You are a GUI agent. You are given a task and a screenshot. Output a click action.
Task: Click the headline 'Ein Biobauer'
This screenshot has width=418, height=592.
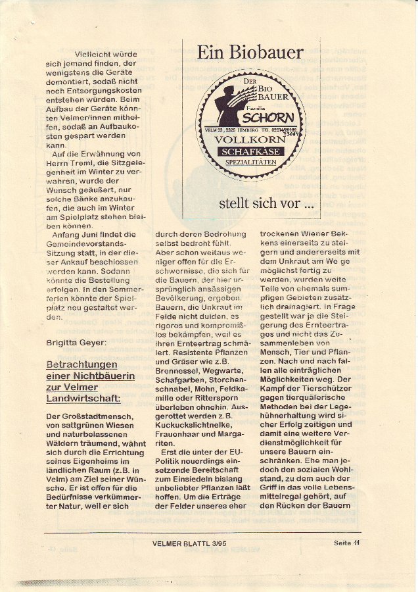(x=250, y=53)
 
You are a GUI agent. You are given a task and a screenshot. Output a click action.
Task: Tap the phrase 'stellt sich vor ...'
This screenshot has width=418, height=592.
(x=266, y=203)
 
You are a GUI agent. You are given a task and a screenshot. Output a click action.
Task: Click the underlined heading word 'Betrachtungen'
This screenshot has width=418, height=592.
(x=81, y=364)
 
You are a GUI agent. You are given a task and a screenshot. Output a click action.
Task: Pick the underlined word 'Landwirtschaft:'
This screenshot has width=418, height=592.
(x=83, y=399)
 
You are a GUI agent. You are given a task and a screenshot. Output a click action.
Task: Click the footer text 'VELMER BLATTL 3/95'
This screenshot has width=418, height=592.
(x=183, y=543)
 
